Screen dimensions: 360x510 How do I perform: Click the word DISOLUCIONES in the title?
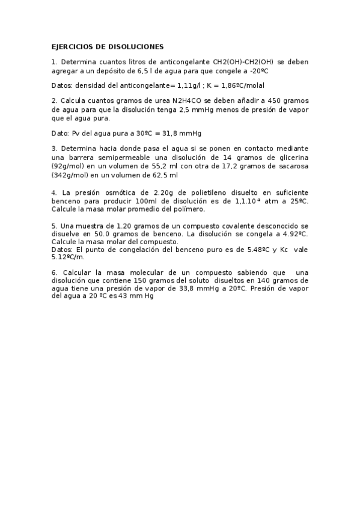coord(133,46)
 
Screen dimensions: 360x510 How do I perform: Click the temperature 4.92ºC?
coord(291,233)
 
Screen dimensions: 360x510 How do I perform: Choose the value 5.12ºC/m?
coord(69,256)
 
